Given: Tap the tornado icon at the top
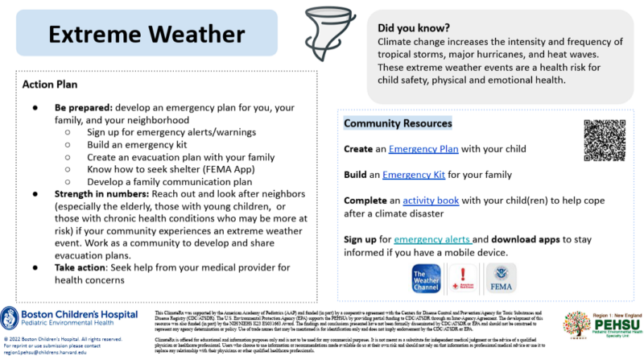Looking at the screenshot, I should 322,28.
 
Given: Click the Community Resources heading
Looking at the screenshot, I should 398,123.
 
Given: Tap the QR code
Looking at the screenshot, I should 604,139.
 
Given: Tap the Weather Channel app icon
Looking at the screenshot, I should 427,279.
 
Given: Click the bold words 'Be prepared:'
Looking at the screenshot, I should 83,106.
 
